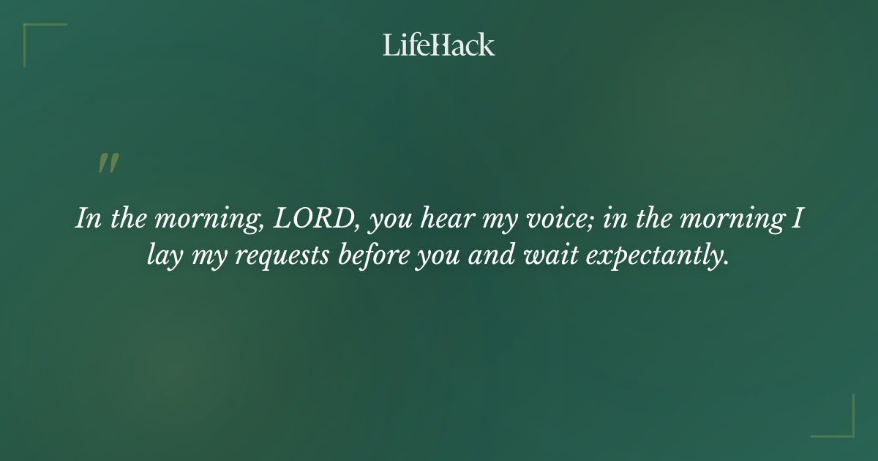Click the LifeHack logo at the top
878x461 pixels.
(439, 45)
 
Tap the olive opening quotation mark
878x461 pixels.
(108, 164)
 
